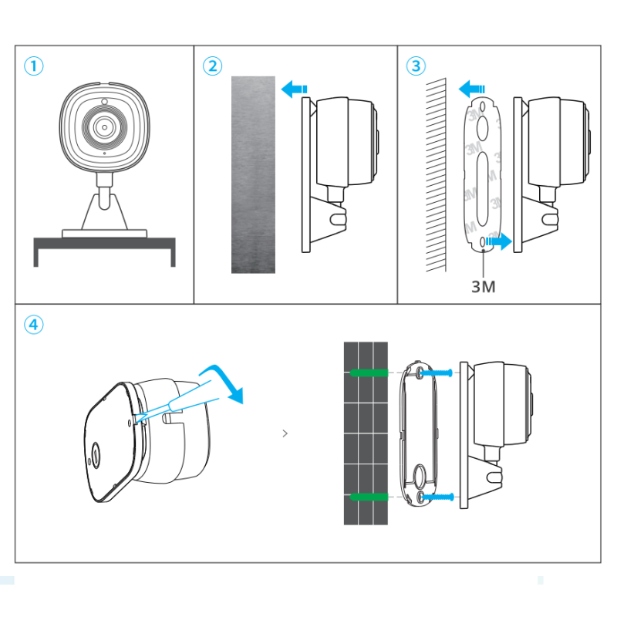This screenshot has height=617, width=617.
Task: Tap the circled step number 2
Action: pos(212,66)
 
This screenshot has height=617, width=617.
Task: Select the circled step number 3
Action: pos(416,66)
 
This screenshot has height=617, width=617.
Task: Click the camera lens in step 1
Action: pos(103,125)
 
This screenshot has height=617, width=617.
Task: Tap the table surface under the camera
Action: pos(104,242)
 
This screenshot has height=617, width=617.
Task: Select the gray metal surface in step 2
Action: pos(253,174)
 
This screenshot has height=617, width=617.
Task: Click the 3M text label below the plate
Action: pos(483,287)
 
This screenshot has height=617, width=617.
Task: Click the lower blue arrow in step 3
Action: pos(500,242)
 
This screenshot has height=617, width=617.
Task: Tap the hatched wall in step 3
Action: pos(435,174)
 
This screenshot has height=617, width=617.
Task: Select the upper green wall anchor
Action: pos(369,373)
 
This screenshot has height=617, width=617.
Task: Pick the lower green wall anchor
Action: pos(369,498)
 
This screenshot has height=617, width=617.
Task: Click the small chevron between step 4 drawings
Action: pos(285,433)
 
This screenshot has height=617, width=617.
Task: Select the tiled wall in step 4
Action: pos(365,433)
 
